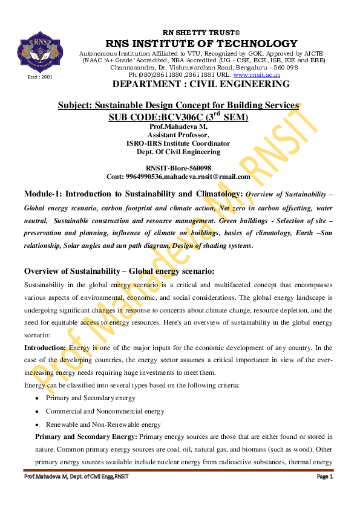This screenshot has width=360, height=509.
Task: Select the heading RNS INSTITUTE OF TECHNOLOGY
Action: [201, 44]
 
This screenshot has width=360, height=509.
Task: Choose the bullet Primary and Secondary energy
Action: [90, 398]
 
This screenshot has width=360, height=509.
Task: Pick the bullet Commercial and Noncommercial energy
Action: [105, 411]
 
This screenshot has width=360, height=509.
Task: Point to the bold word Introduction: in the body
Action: [45, 348]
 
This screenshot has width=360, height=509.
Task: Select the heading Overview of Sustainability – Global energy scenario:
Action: [119, 270]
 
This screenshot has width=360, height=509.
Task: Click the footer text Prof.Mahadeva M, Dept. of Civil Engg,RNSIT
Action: [76, 477]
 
